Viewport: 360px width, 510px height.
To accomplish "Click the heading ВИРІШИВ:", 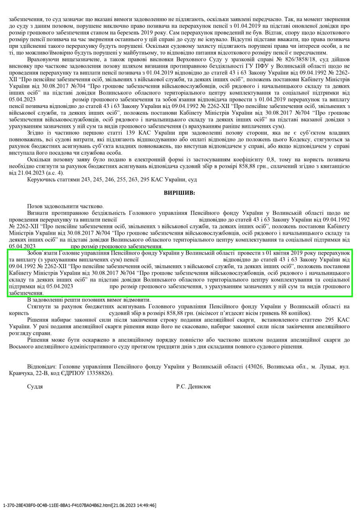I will coord(180,193).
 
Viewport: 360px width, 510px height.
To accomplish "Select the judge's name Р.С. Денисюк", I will coord(194,386).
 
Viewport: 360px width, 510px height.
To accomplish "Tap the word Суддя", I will coord(35,386).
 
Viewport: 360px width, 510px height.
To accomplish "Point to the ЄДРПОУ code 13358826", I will coord(99,373).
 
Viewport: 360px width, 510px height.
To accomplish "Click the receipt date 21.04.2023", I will coord(29,173).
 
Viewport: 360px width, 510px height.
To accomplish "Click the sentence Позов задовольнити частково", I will coord(65,206).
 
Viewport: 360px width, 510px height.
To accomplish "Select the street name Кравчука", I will coord(21,373).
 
